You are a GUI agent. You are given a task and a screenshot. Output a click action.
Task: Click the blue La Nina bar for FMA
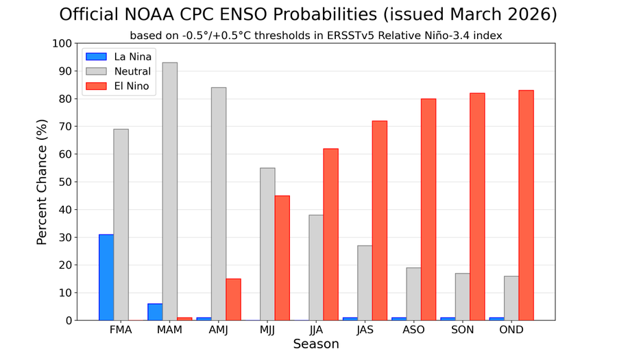106,277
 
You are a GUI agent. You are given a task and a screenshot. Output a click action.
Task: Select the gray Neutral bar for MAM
170,191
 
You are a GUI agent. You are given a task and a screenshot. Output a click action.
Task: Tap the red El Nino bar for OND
526,205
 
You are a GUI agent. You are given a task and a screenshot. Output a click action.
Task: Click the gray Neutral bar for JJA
316,267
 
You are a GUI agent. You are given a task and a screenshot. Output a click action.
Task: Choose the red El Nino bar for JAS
379,220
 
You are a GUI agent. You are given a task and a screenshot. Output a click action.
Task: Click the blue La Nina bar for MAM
155,312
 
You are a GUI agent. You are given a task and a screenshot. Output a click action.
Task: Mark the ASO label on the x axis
413,330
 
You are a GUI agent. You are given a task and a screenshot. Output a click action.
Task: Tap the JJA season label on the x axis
316,330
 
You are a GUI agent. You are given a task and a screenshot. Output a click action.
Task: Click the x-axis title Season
316,344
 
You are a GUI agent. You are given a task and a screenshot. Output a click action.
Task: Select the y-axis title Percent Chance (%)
42,182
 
